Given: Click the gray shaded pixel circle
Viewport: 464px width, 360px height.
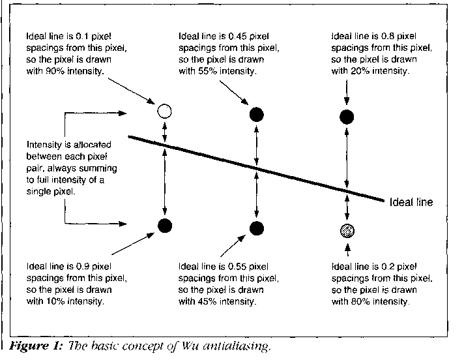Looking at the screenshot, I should pos(346,230).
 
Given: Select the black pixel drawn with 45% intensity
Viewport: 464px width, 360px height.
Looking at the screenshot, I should pos(257,228).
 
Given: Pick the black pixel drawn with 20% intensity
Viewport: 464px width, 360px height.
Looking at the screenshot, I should pos(347,117).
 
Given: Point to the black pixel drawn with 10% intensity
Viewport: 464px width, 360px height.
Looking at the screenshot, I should pos(165,226).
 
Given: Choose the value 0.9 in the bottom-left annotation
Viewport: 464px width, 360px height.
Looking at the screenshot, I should pos(82,267).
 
